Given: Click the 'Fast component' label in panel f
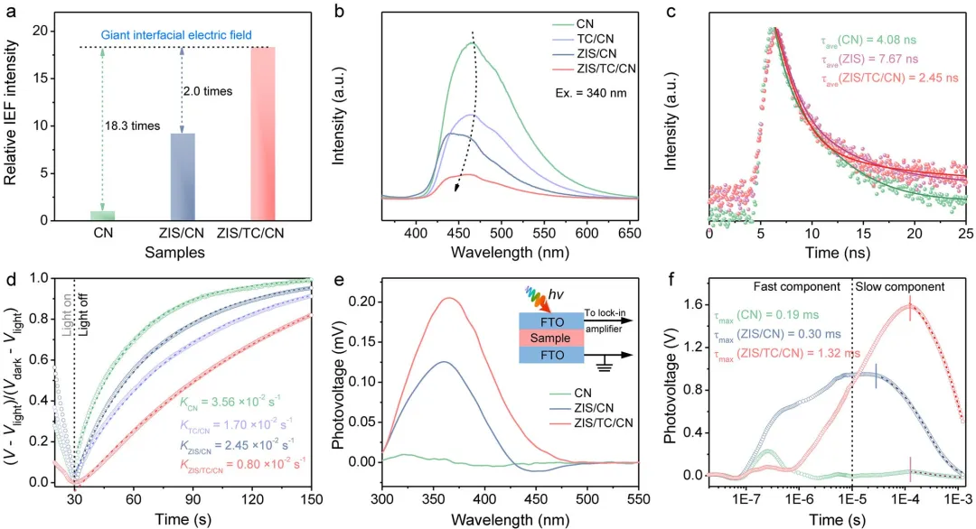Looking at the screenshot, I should (x=796, y=286).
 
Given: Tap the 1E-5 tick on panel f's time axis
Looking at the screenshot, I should (x=852, y=497).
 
